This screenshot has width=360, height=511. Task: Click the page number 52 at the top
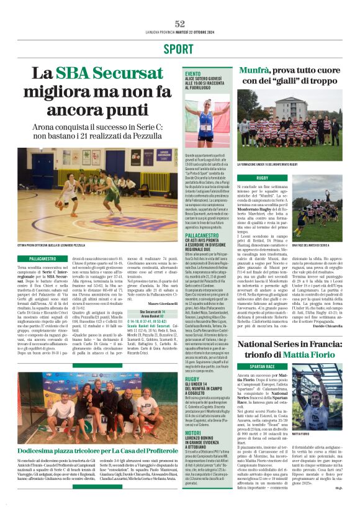pyautogui.click(x=180, y=24)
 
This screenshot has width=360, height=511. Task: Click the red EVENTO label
pyautogui.click(x=193, y=73)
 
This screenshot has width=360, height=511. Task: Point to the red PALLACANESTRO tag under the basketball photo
pyautogui.click(x=43, y=257)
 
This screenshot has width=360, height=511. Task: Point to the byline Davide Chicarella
pyautogui.click(x=328, y=327)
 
